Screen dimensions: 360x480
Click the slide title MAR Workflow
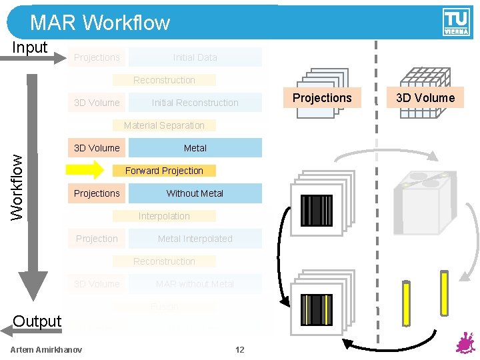click(x=100, y=23)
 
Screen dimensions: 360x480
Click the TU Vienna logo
click(x=456, y=23)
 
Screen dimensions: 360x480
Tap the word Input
click(x=30, y=47)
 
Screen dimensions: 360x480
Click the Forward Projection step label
click(x=164, y=171)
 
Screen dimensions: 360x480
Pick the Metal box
click(x=195, y=148)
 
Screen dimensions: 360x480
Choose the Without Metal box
click(x=195, y=193)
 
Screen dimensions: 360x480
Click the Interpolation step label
click(x=164, y=216)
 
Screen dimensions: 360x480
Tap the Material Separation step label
click(x=164, y=125)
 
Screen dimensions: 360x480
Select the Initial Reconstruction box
click(x=195, y=103)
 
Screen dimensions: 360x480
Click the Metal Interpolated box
click(x=195, y=239)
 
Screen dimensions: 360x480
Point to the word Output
click(x=37, y=321)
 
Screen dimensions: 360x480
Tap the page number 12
click(x=240, y=350)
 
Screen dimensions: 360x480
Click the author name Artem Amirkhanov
click(x=47, y=350)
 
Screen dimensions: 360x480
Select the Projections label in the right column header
click(x=322, y=98)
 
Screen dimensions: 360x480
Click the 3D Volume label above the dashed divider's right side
click(x=425, y=98)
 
